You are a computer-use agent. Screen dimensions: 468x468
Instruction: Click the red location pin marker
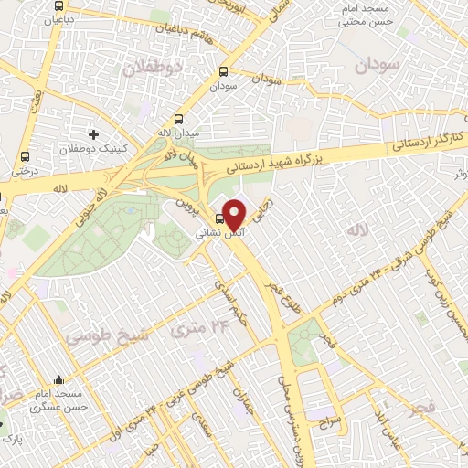click(234, 215)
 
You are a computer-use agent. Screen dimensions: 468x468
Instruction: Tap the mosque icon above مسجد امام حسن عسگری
click(59, 380)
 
